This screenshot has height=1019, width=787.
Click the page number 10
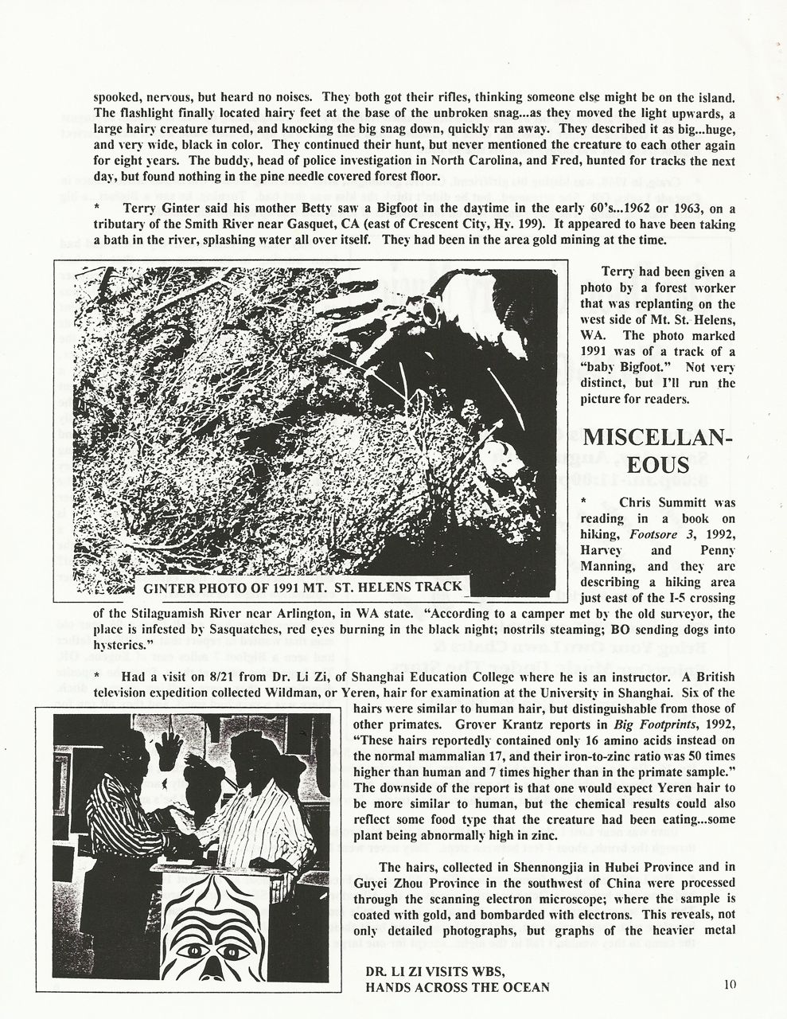pyautogui.click(x=730, y=984)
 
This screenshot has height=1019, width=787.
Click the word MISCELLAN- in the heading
pyautogui.click(x=659, y=438)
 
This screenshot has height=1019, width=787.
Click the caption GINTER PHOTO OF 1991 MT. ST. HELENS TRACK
pyautogui.click(x=302, y=588)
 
